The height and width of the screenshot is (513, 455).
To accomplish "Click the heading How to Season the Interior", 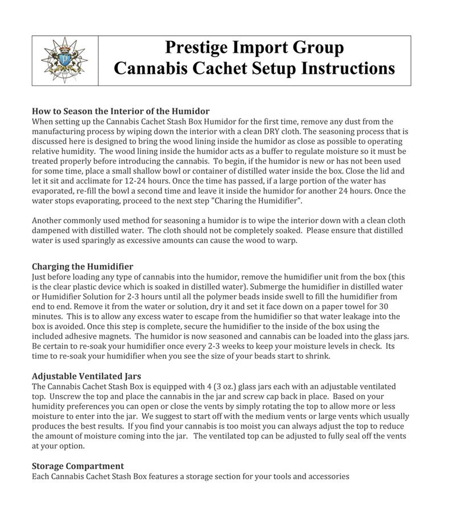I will point(121,111).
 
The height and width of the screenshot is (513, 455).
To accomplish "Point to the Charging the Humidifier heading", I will point(82,266).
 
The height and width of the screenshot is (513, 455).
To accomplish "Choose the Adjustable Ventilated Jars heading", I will point(86,376).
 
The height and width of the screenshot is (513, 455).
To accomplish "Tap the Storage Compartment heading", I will point(78,465).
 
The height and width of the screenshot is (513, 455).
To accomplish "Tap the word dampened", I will point(55,229).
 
